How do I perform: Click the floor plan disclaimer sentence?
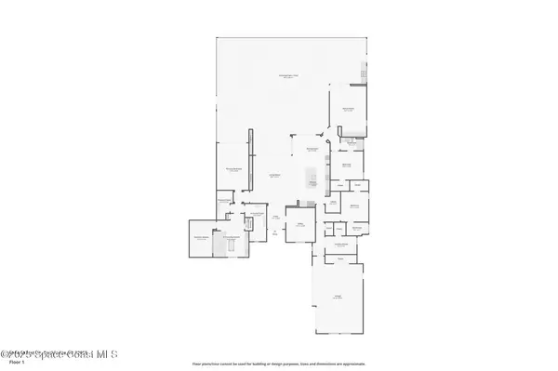pos(278,364)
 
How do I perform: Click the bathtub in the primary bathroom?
pos(220,245)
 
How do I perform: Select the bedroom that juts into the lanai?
pos(349,109)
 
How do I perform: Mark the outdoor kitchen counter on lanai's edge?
pos(365,73)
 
